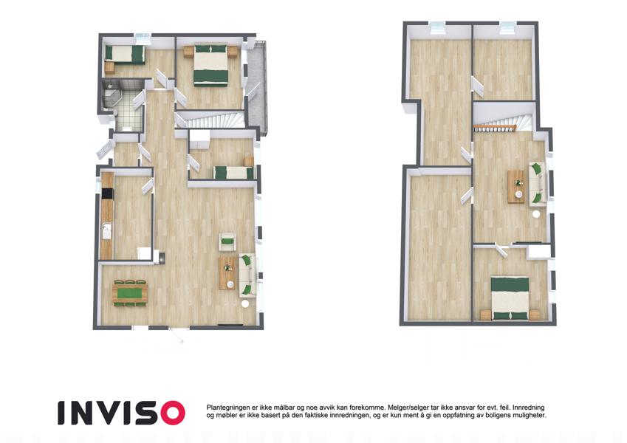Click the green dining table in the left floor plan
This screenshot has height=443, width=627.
pos(130,293)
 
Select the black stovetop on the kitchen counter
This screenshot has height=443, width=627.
pos(107,193)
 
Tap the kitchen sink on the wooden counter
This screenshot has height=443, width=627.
pos(106,231)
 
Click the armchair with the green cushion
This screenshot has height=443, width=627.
pos(227,242)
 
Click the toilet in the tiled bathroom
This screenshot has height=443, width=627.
pos(128,128)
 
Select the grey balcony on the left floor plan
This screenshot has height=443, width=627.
pos(256,89)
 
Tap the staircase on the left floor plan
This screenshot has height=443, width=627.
pos(211,120)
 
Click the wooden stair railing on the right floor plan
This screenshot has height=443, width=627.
pos(495,128)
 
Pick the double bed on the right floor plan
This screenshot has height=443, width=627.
pos(510,298)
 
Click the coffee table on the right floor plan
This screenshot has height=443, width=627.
pos(515,187)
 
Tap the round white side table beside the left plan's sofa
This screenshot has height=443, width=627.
pos(245,304)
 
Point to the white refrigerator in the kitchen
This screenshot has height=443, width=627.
pos(144,253)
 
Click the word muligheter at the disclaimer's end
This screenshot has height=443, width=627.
pos(530,416)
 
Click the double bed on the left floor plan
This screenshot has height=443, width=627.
pos(211,65)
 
